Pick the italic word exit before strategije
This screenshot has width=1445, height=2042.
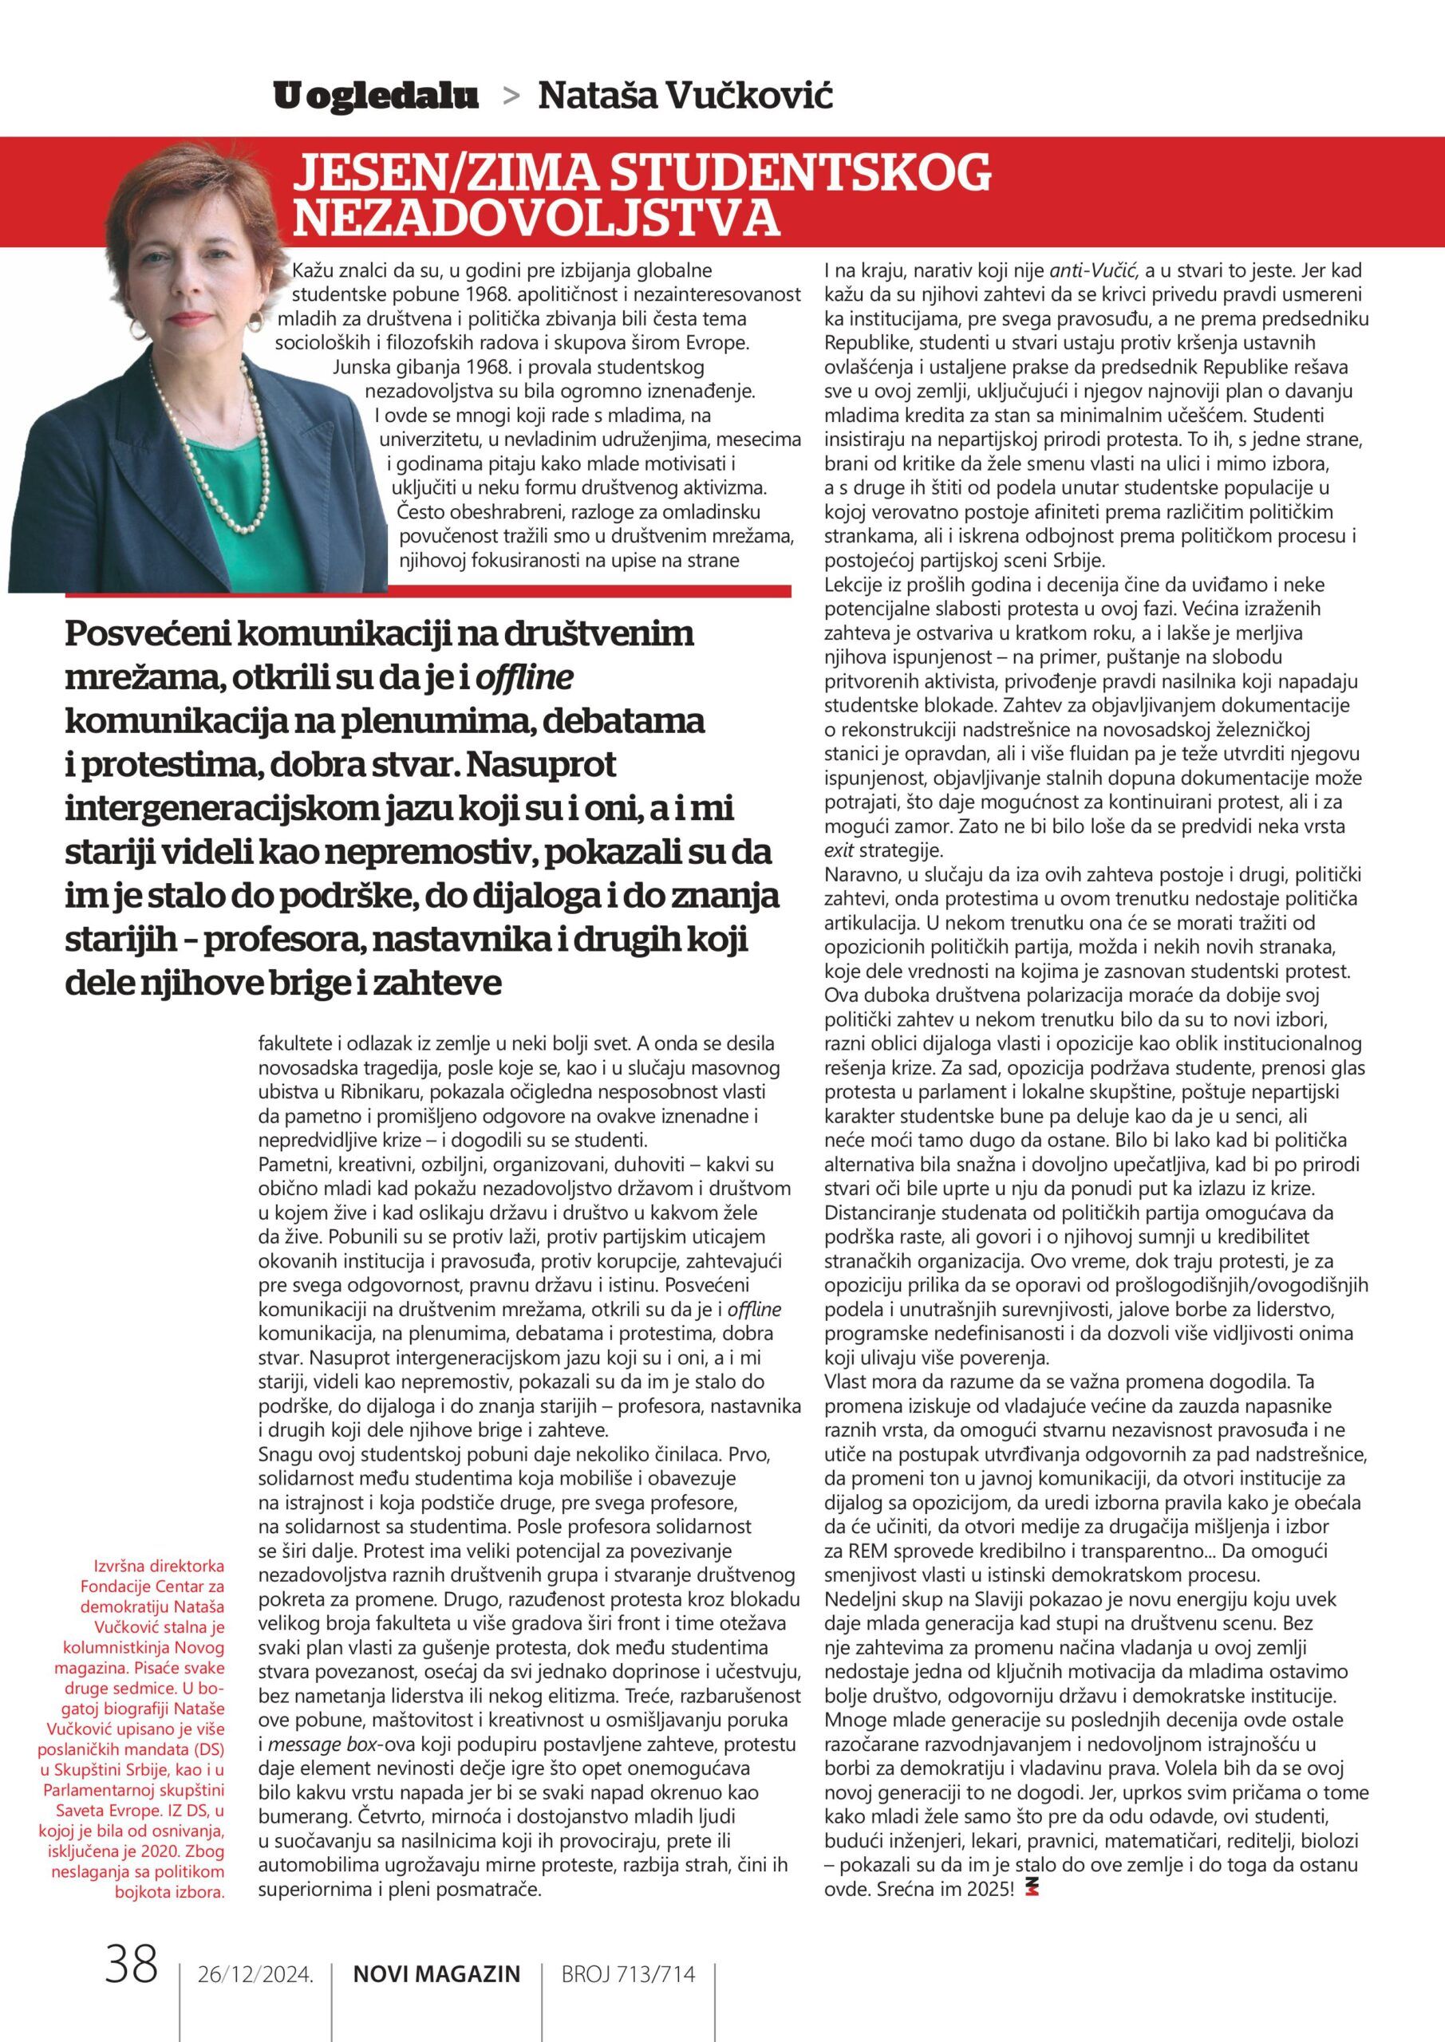[x=839, y=850]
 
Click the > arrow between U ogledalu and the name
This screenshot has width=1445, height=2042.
[x=511, y=98]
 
